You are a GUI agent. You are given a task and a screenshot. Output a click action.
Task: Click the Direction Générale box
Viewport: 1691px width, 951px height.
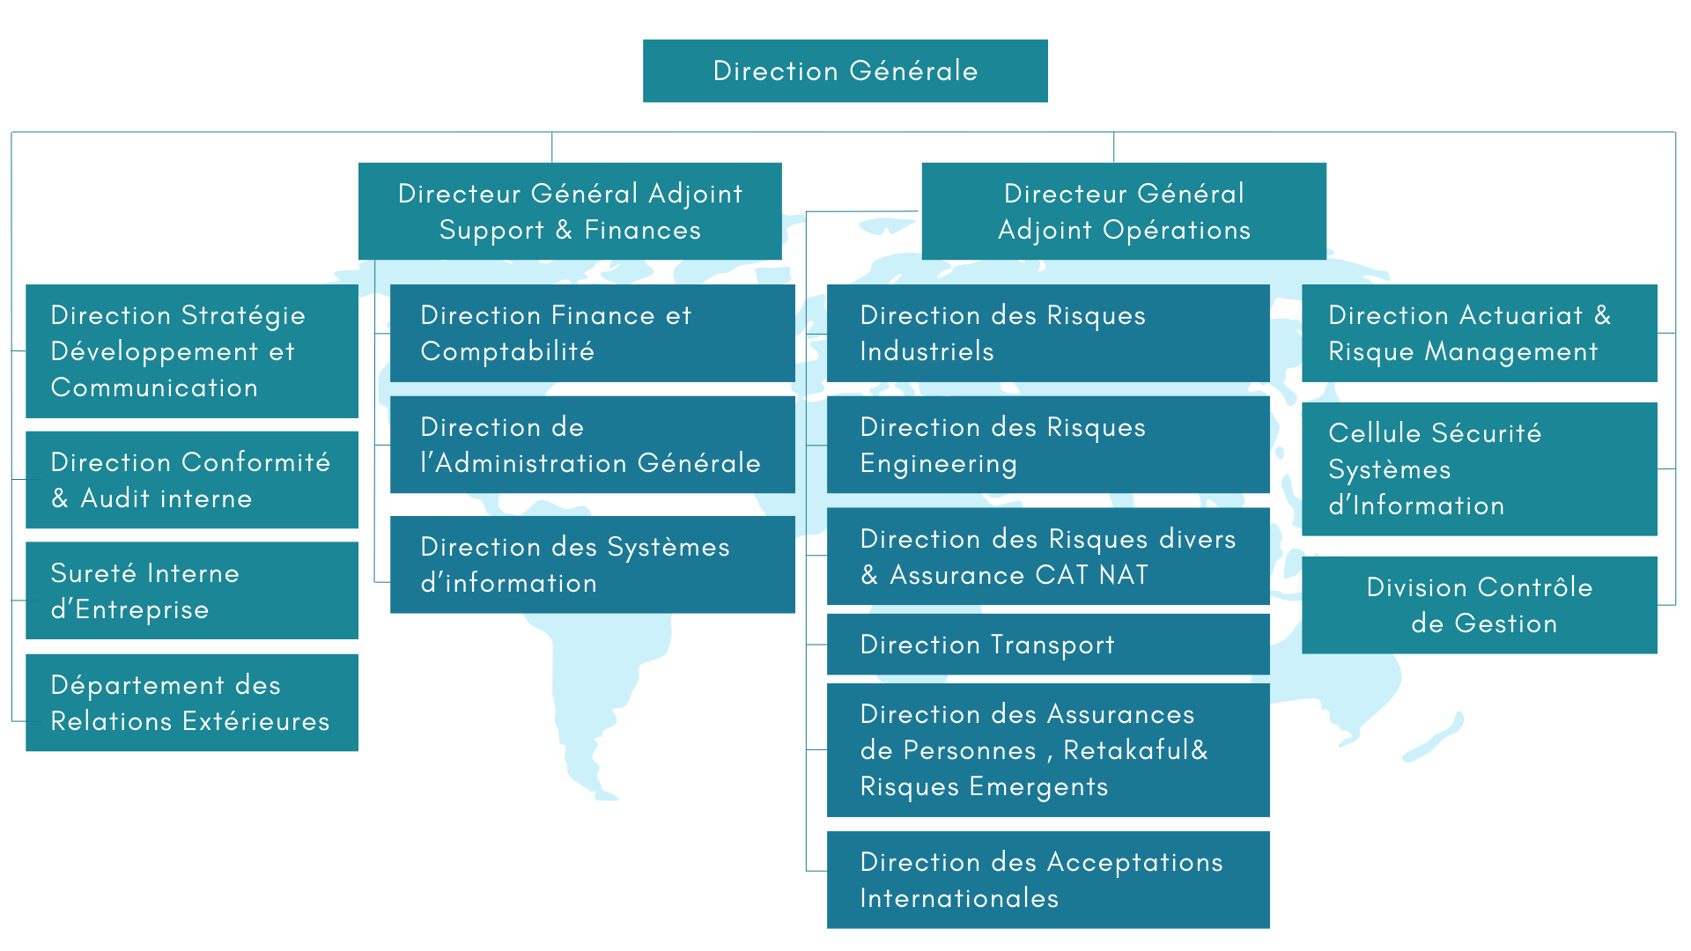pyautogui.click(x=845, y=70)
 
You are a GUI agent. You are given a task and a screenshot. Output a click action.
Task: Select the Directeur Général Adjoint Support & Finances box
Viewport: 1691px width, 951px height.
pyautogui.click(x=570, y=211)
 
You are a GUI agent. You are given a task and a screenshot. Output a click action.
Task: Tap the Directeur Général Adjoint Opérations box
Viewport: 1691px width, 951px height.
pyautogui.click(x=1124, y=211)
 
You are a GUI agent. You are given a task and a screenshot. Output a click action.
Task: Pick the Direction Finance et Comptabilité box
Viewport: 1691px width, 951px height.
pyautogui.click(x=592, y=333)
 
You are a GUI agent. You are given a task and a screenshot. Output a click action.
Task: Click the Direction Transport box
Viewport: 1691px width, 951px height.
pyautogui.click(x=1048, y=645)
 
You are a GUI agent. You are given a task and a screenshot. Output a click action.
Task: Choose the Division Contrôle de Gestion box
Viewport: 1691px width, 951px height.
pyautogui.click(x=1480, y=605)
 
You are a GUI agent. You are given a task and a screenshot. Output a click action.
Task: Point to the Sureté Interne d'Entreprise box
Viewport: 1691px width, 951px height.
pyautogui.click(x=192, y=590)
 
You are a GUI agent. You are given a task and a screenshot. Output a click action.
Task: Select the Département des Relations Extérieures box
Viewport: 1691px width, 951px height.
pyautogui.click(x=192, y=703)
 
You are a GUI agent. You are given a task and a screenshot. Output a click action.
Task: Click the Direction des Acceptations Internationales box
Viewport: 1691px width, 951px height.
pyautogui.click(x=1048, y=880)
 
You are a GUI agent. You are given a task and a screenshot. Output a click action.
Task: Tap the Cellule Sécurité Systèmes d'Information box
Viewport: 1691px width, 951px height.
pyautogui.click(x=1480, y=468)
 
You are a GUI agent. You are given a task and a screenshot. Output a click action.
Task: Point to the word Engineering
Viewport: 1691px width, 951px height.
pyautogui.click(x=938, y=464)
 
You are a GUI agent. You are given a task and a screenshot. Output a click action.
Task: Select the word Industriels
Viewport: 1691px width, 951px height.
pyautogui.click(x=927, y=351)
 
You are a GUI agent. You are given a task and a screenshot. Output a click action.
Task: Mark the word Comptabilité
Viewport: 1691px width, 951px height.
pyautogui.click(x=507, y=351)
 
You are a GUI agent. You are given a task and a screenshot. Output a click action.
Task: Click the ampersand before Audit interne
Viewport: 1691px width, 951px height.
pyautogui.click(x=60, y=498)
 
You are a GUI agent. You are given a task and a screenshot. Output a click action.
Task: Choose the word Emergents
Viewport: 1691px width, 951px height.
pyautogui.click(x=1038, y=786)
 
